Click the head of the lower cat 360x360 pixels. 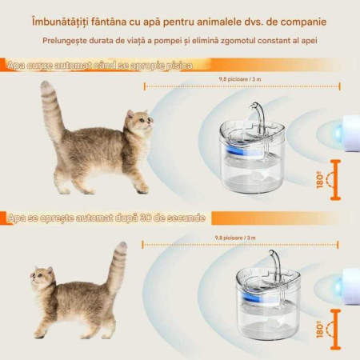44,280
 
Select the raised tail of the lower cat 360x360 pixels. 118,264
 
